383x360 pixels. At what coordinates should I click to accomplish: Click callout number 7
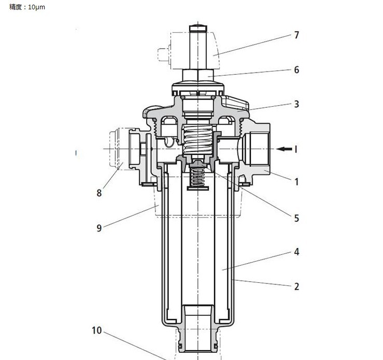click(296, 35)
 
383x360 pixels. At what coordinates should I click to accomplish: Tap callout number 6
click(296, 70)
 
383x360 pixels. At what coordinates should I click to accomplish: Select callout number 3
click(296, 104)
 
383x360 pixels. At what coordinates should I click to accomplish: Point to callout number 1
click(296, 182)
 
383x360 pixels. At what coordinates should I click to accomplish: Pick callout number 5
click(296, 218)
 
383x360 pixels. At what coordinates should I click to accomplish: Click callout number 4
click(296, 252)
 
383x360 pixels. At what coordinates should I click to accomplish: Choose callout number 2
click(296, 286)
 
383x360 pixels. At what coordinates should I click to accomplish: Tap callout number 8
click(99, 193)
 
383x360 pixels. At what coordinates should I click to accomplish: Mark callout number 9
click(99, 228)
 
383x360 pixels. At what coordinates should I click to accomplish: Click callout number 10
click(97, 330)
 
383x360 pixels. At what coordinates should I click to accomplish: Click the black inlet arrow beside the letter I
click(284, 149)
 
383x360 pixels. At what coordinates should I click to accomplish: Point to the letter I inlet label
click(296, 149)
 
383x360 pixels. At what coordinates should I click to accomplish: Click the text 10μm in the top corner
click(36, 7)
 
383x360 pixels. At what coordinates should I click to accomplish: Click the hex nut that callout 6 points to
click(198, 75)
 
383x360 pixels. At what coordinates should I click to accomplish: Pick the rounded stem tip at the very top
click(198, 27)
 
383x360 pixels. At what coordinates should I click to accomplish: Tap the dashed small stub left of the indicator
click(163, 55)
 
